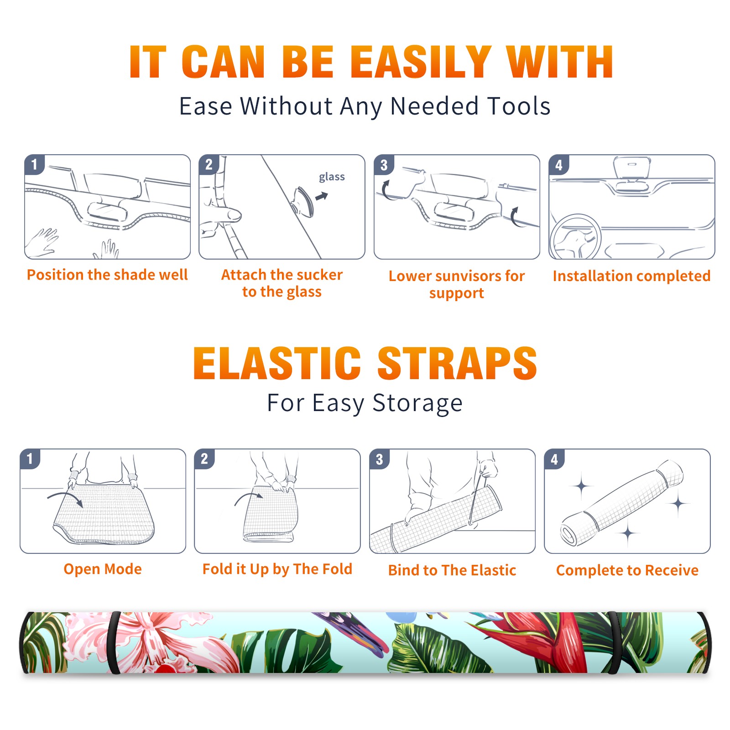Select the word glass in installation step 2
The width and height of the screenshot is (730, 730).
[x=332, y=177]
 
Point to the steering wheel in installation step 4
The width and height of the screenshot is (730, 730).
[x=576, y=237]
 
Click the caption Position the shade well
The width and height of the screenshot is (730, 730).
[x=107, y=275]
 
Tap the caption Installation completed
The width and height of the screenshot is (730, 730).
[x=631, y=276]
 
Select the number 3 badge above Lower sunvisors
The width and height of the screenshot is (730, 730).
[x=384, y=165]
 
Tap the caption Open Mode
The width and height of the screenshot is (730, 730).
[x=103, y=569]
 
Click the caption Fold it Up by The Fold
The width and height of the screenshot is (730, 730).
[x=277, y=569]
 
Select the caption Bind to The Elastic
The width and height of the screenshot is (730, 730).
[x=452, y=570]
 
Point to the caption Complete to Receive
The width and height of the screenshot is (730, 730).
[x=627, y=570]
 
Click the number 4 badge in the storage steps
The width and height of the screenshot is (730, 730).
[x=554, y=459]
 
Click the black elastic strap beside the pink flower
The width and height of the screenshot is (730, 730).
[x=114, y=642]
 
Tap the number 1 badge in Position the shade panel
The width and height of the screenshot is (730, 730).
[x=34, y=164]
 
